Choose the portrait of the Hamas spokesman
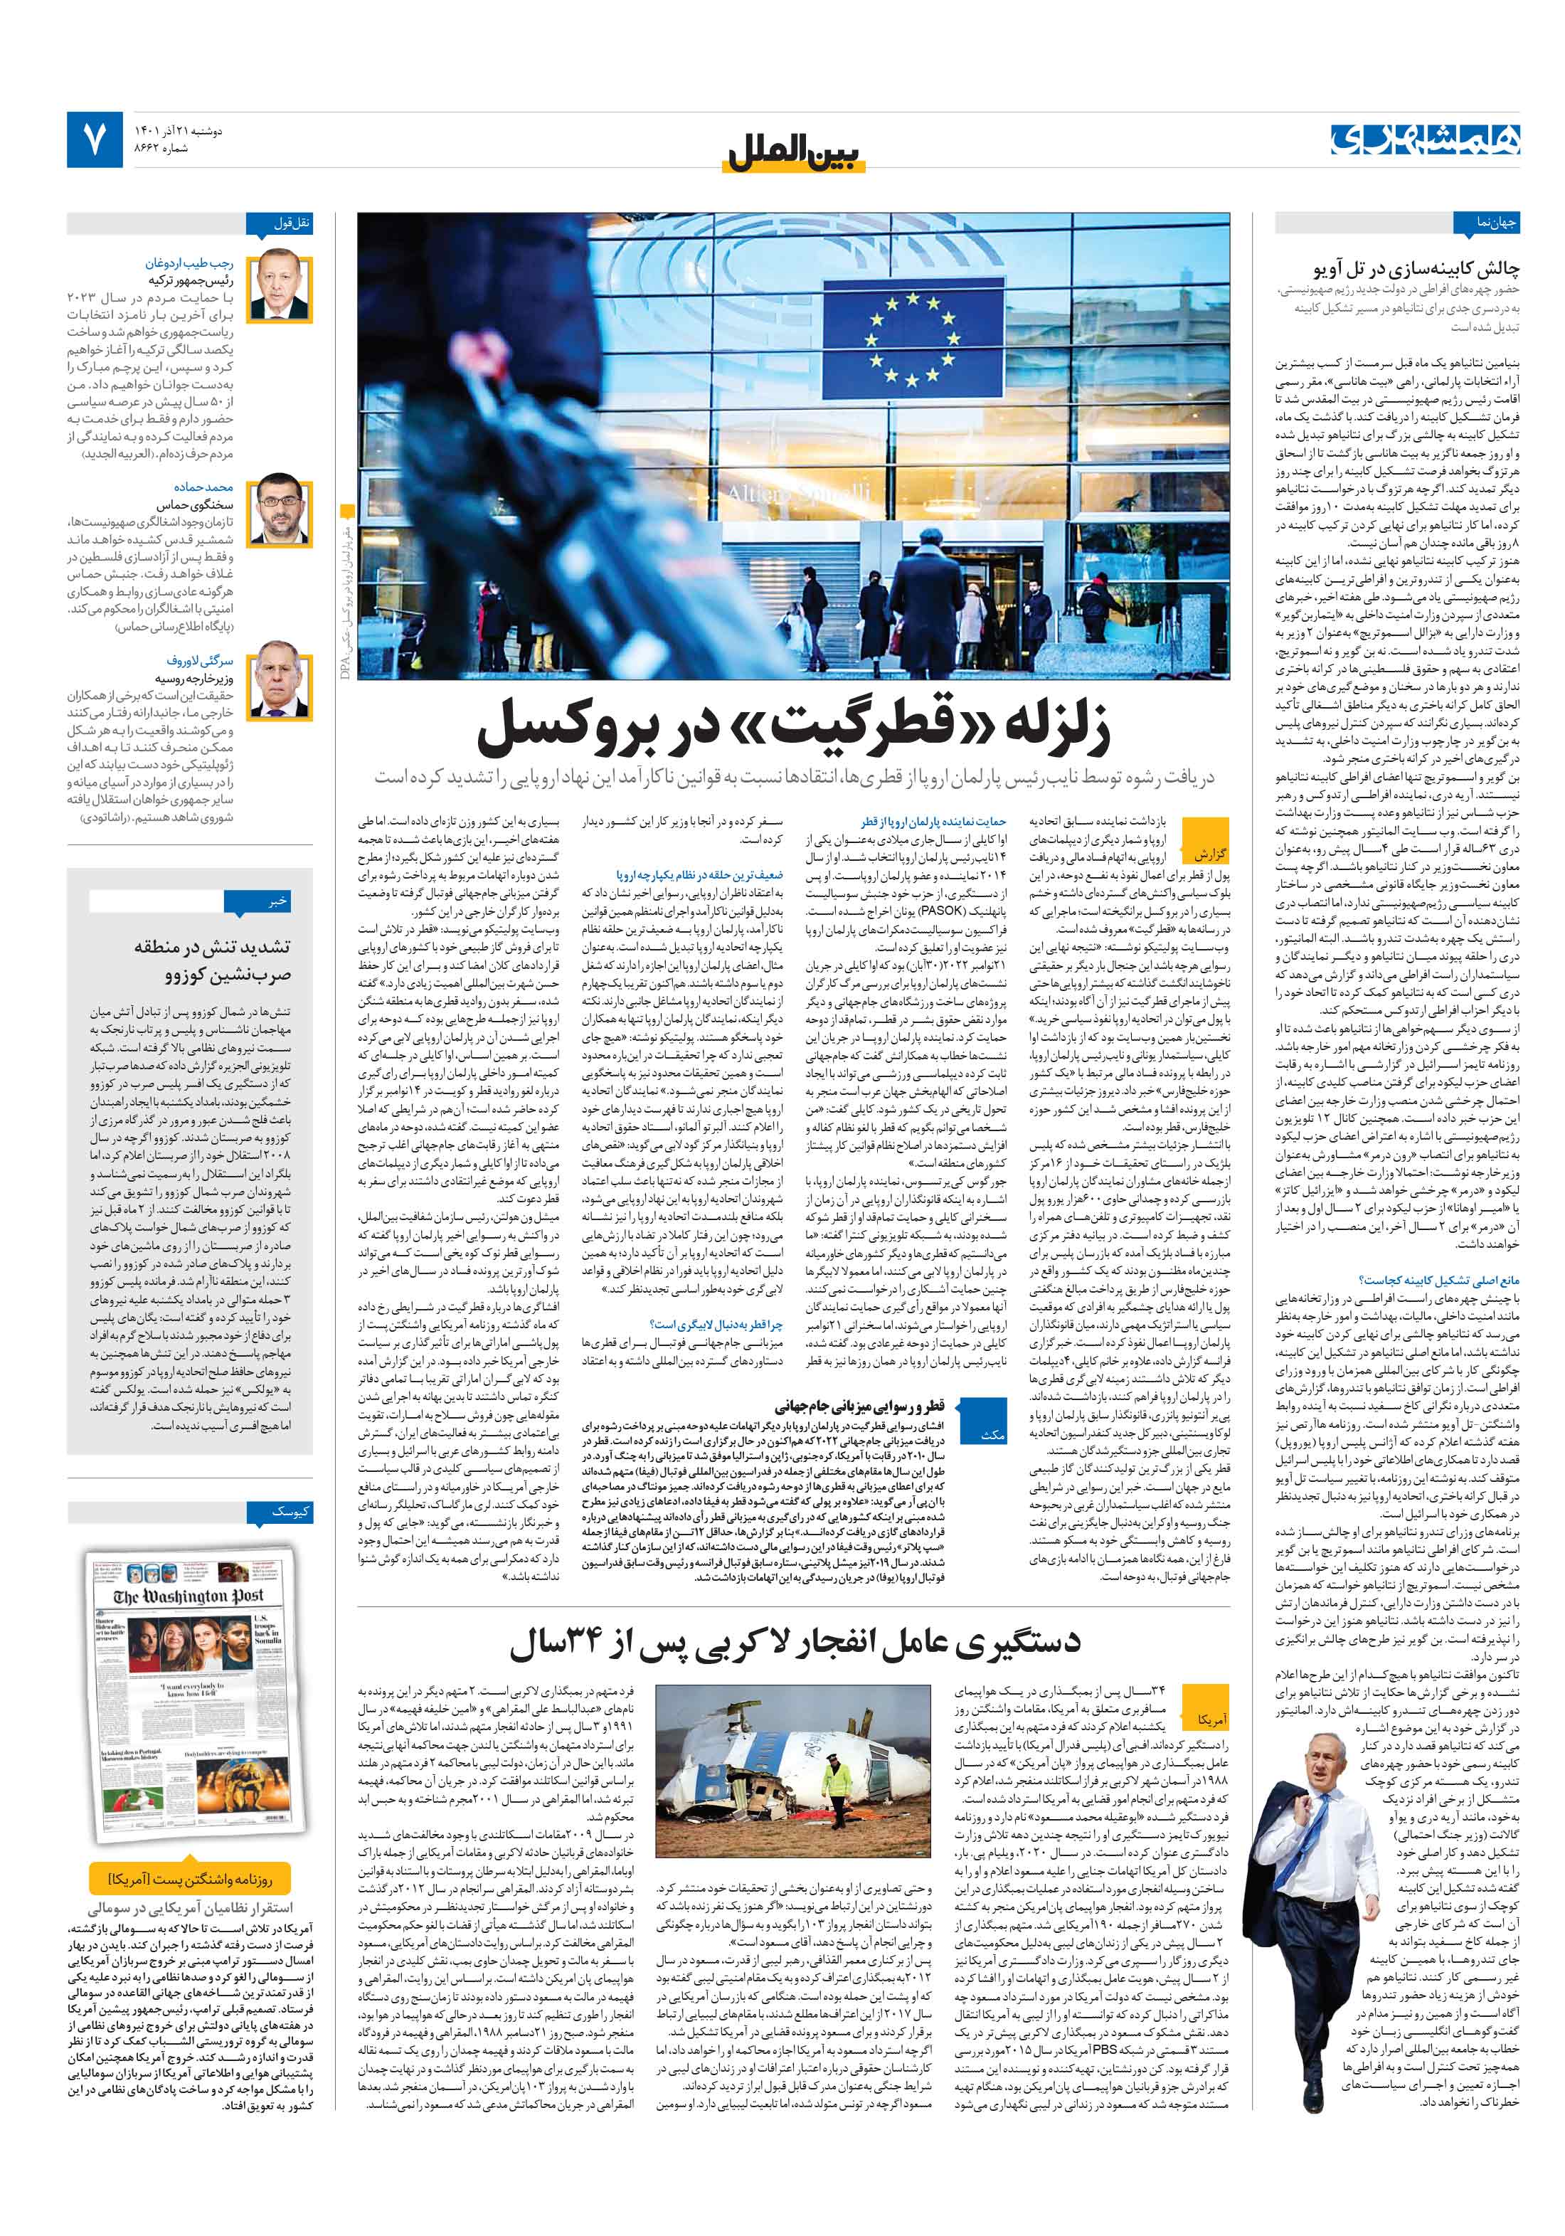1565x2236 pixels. coord(280,509)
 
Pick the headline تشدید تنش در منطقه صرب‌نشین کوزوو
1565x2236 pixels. coord(213,959)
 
